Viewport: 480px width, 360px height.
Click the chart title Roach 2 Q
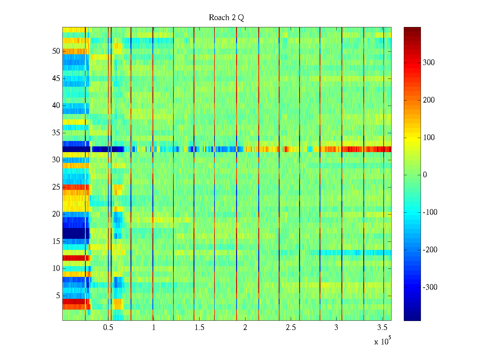[x=226, y=18]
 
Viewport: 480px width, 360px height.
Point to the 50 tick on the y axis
[x=56, y=51]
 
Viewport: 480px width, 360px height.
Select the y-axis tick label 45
[x=56, y=79]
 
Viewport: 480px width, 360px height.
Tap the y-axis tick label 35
[x=56, y=133]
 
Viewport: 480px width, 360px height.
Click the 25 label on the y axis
[x=56, y=187]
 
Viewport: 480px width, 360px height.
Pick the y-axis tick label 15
[x=56, y=241]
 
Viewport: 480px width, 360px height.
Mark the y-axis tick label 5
[x=58, y=296]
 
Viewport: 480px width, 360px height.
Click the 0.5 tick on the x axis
[x=108, y=328]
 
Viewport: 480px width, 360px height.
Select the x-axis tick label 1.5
[x=199, y=328]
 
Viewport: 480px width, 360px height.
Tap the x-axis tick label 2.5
[x=291, y=328]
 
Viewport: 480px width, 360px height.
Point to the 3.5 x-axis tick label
[x=382, y=328]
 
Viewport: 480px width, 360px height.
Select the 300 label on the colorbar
[x=429, y=63]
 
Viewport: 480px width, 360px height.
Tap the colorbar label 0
[x=425, y=175]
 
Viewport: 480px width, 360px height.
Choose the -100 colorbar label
[x=430, y=212]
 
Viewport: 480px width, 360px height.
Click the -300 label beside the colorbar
[x=430, y=287]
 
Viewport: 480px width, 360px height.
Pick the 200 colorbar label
[x=429, y=100]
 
